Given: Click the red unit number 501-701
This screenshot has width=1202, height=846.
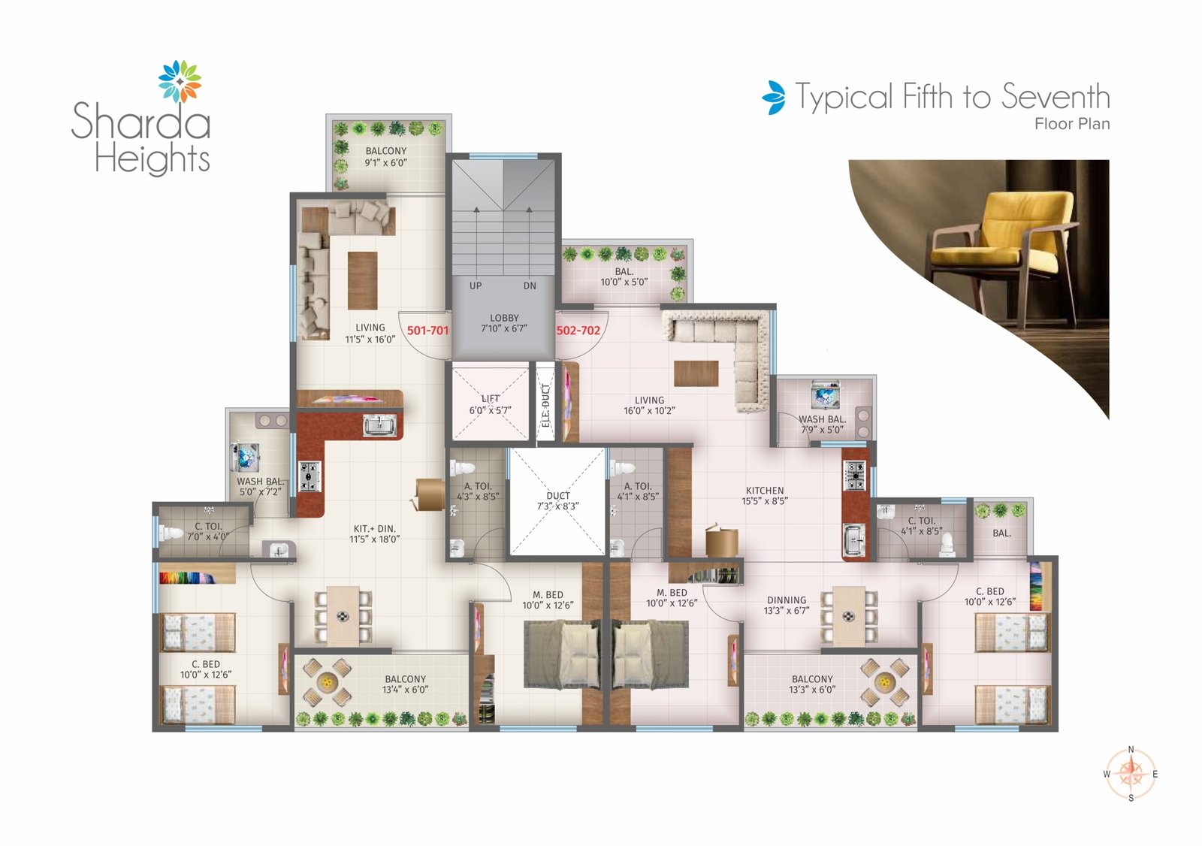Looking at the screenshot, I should pos(427,331).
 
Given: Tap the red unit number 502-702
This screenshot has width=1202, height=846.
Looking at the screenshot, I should pos(578,331).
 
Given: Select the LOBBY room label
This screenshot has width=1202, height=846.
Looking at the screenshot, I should pos(504,323).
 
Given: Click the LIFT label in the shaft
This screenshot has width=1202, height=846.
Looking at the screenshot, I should pos(491,404).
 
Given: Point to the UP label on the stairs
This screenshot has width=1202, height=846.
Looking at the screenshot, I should pos(476,286).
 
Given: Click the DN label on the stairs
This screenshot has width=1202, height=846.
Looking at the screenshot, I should pos(530,286).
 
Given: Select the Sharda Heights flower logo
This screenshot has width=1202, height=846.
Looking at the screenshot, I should pos(180,81).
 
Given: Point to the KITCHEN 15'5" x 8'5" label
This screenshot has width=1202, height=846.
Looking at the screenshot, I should pos(765,496).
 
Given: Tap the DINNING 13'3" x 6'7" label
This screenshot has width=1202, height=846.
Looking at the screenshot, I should pos(787,606).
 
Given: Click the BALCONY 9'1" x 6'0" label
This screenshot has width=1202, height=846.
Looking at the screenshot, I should pos(386,157).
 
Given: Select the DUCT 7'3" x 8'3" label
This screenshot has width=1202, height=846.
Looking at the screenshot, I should pos(558,501).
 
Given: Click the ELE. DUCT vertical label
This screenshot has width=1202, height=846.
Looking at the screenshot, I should pos(546,405).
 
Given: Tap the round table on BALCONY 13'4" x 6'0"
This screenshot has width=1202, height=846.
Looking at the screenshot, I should pos(327,682).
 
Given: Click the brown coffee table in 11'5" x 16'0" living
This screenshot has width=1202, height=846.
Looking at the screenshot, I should pos(362,280).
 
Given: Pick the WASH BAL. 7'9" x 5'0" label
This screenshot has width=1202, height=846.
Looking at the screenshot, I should pos(822,425).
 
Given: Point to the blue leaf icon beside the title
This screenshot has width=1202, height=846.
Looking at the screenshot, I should pos(774,98).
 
